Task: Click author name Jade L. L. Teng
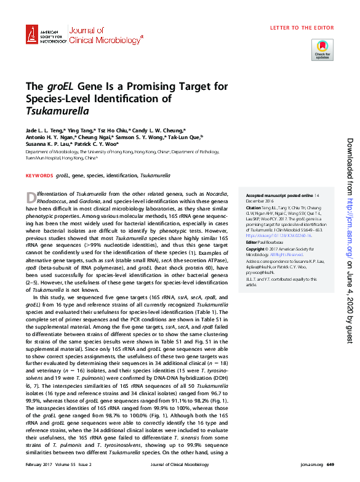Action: tap(44, 131)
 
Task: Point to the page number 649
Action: tap(330, 464)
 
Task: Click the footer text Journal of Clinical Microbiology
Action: tap(179, 464)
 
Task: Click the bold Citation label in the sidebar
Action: tap(254, 208)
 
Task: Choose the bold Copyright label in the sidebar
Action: tap(256, 249)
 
